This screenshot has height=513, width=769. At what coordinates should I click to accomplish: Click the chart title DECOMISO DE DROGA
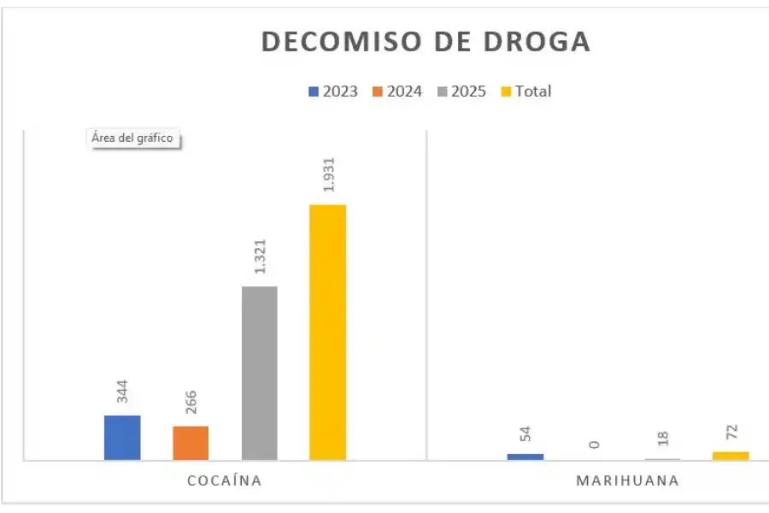(425, 42)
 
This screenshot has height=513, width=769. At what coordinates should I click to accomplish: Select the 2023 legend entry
(332, 91)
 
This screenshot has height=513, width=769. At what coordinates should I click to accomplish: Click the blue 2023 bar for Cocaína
(122, 438)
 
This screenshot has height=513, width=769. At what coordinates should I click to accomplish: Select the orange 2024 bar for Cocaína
(191, 443)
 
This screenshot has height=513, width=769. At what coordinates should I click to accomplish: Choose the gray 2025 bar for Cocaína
(260, 373)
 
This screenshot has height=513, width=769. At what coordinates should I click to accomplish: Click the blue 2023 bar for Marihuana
(525, 457)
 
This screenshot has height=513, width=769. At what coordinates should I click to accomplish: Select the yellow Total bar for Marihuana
(731, 456)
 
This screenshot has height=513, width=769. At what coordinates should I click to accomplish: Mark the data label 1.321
(260, 255)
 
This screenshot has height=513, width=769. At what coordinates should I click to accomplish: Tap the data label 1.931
(327, 174)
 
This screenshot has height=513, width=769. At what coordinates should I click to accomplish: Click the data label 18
(662, 439)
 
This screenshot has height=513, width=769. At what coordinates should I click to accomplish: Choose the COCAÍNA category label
(224, 481)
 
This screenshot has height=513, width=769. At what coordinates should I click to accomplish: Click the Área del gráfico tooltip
(134, 139)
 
